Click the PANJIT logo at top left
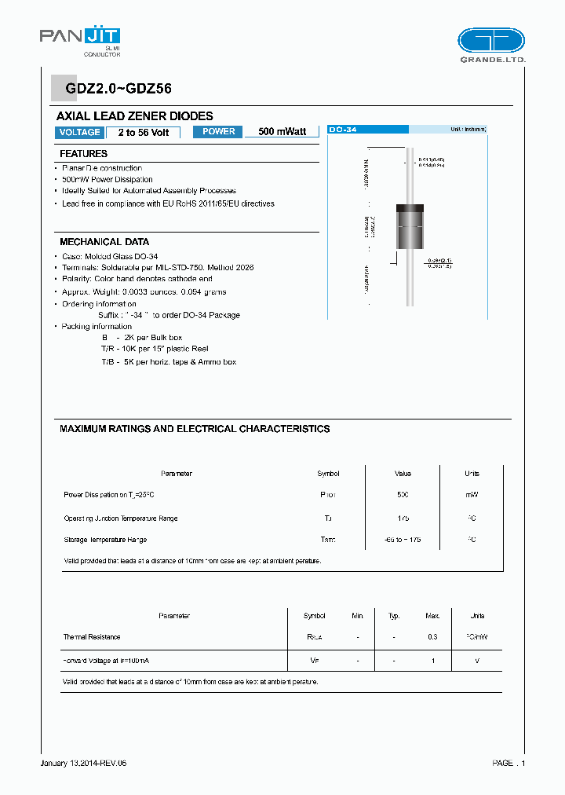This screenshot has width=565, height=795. point(79,40)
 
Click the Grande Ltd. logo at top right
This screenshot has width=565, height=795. point(491,44)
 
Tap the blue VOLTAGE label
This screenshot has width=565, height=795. point(79,132)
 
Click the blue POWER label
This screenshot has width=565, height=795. point(218,132)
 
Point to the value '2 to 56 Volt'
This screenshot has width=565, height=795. point(144,133)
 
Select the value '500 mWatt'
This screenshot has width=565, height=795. point(282,132)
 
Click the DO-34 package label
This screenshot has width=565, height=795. point(344,129)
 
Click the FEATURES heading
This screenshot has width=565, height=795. point(83,154)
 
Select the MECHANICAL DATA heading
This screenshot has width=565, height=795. point(104,242)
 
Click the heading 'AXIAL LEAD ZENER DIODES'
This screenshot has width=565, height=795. point(135,115)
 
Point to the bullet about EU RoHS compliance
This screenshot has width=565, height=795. point(169,203)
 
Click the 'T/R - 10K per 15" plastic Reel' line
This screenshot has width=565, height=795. point(155,348)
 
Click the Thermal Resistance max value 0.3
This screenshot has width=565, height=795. point(432,637)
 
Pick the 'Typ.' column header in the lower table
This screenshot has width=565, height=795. point(394,616)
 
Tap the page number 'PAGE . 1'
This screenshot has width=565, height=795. point(508,763)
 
